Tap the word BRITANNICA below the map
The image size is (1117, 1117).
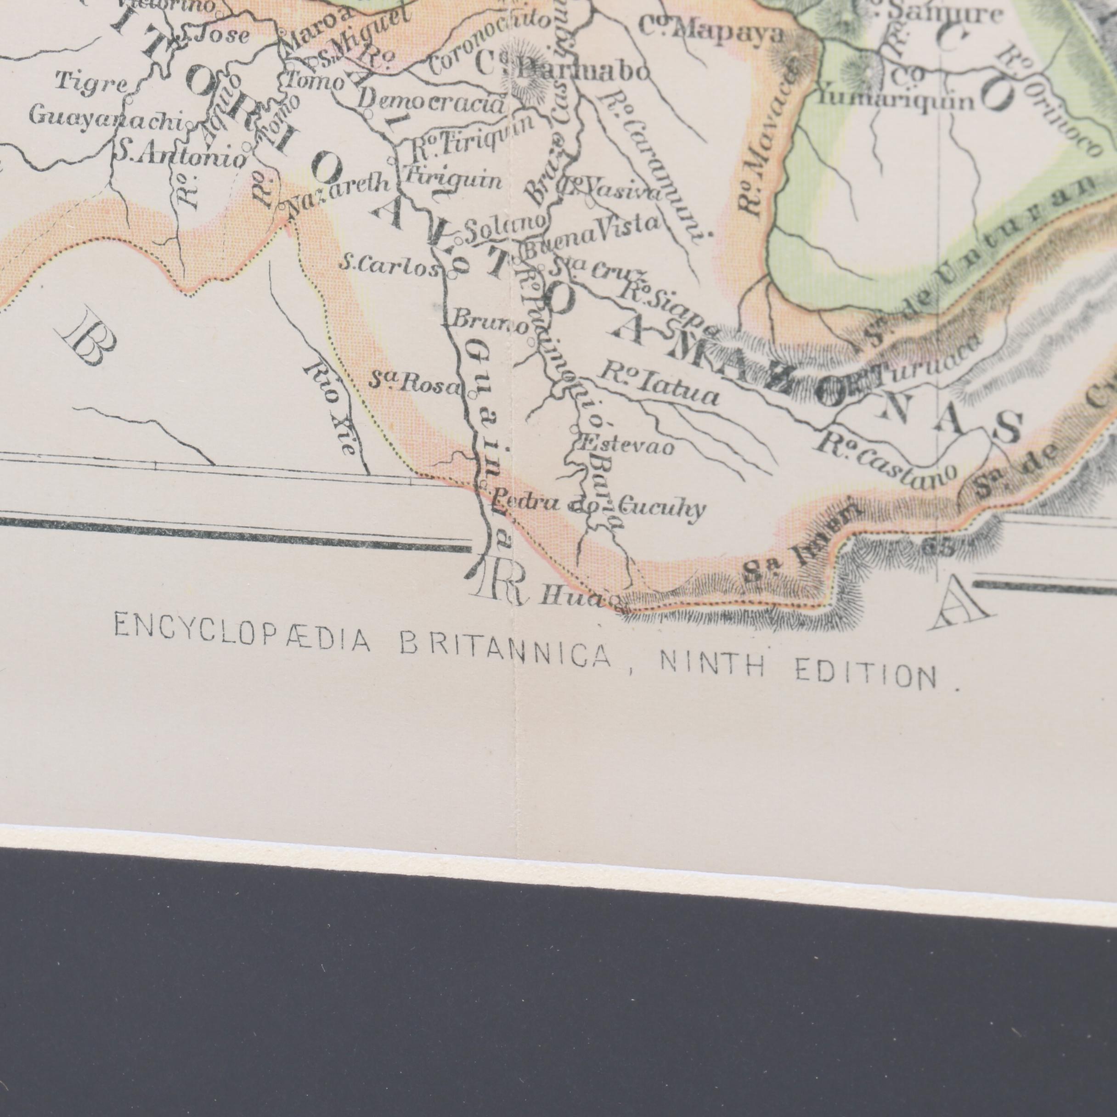506,653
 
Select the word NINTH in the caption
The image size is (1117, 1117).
712,667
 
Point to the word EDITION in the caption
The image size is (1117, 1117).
865,675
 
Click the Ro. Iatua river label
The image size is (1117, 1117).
659,384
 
